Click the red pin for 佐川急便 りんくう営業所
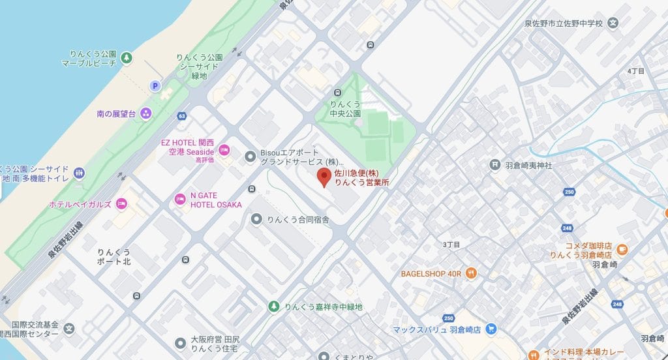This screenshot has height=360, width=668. [x=324, y=177]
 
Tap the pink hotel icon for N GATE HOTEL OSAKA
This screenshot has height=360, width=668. [x=180, y=200]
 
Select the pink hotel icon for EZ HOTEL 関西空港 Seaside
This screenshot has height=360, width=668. [x=224, y=150]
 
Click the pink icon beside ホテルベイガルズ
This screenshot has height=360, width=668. [x=121, y=204]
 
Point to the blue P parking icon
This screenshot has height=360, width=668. [x=155, y=85]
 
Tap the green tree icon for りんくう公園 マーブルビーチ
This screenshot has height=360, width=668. [x=127, y=59]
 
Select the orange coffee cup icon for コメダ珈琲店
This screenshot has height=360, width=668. [x=621, y=248]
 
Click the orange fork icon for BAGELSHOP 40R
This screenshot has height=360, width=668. [x=471, y=273]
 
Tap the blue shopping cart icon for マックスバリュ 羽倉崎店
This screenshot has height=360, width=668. [x=492, y=329]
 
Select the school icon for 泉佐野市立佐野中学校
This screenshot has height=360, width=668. [x=613, y=23]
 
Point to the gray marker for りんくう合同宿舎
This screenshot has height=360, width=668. [x=256, y=219]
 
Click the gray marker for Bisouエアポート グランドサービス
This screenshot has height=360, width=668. [x=250, y=156]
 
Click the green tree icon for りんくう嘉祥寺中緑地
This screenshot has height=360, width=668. [x=274, y=306]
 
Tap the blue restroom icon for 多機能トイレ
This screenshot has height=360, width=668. [x=80, y=172]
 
